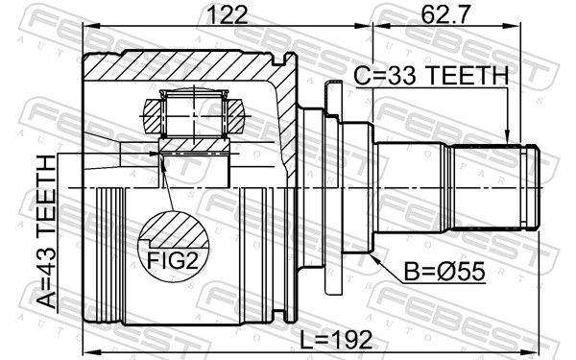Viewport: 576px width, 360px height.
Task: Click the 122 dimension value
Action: point(228,14)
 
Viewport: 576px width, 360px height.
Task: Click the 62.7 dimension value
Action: point(445,14)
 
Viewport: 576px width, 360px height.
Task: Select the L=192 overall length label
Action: point(336,340)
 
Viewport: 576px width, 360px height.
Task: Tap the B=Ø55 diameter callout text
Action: point(444,272)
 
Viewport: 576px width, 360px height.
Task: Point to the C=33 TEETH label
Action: point(431,75)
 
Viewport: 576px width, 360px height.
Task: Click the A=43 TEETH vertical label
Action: point(47,231)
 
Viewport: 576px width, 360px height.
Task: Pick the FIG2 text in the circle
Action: point(173,261)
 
